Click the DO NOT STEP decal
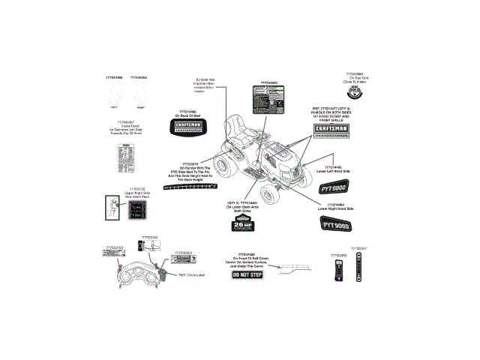pyautogui.click(x=246, y=275)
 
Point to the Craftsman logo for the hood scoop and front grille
pyautogui.click(x=331, y=130)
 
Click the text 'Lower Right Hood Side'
pyautogui.click(x=334, y=208)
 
